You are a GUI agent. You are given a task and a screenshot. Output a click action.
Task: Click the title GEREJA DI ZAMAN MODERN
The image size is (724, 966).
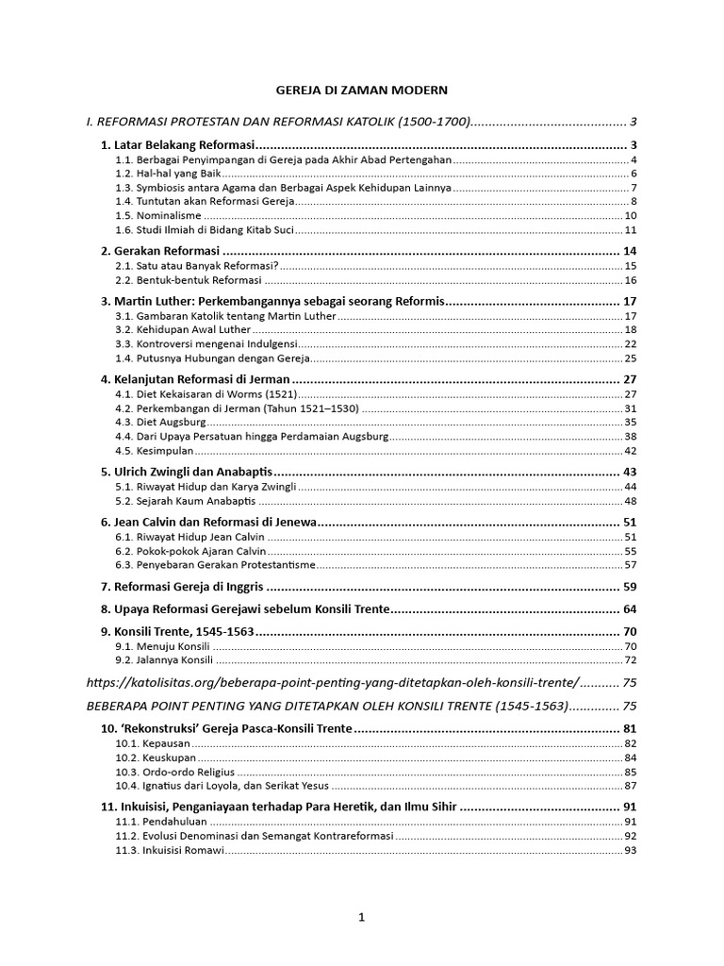[361, 90]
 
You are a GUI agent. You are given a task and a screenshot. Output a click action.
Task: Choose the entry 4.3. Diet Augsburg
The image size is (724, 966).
[160, 422]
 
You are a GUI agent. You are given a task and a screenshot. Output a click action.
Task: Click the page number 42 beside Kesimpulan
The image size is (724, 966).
[631, 452]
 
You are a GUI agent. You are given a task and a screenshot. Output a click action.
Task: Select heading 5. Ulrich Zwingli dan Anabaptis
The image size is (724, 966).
[187, 471]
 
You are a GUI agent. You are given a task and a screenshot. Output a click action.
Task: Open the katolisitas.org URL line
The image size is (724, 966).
[332, 681]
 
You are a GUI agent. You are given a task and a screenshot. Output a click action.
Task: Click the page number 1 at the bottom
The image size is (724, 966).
[361, 917]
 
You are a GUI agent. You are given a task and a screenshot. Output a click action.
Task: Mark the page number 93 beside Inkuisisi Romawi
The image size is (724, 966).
[631, 850]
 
